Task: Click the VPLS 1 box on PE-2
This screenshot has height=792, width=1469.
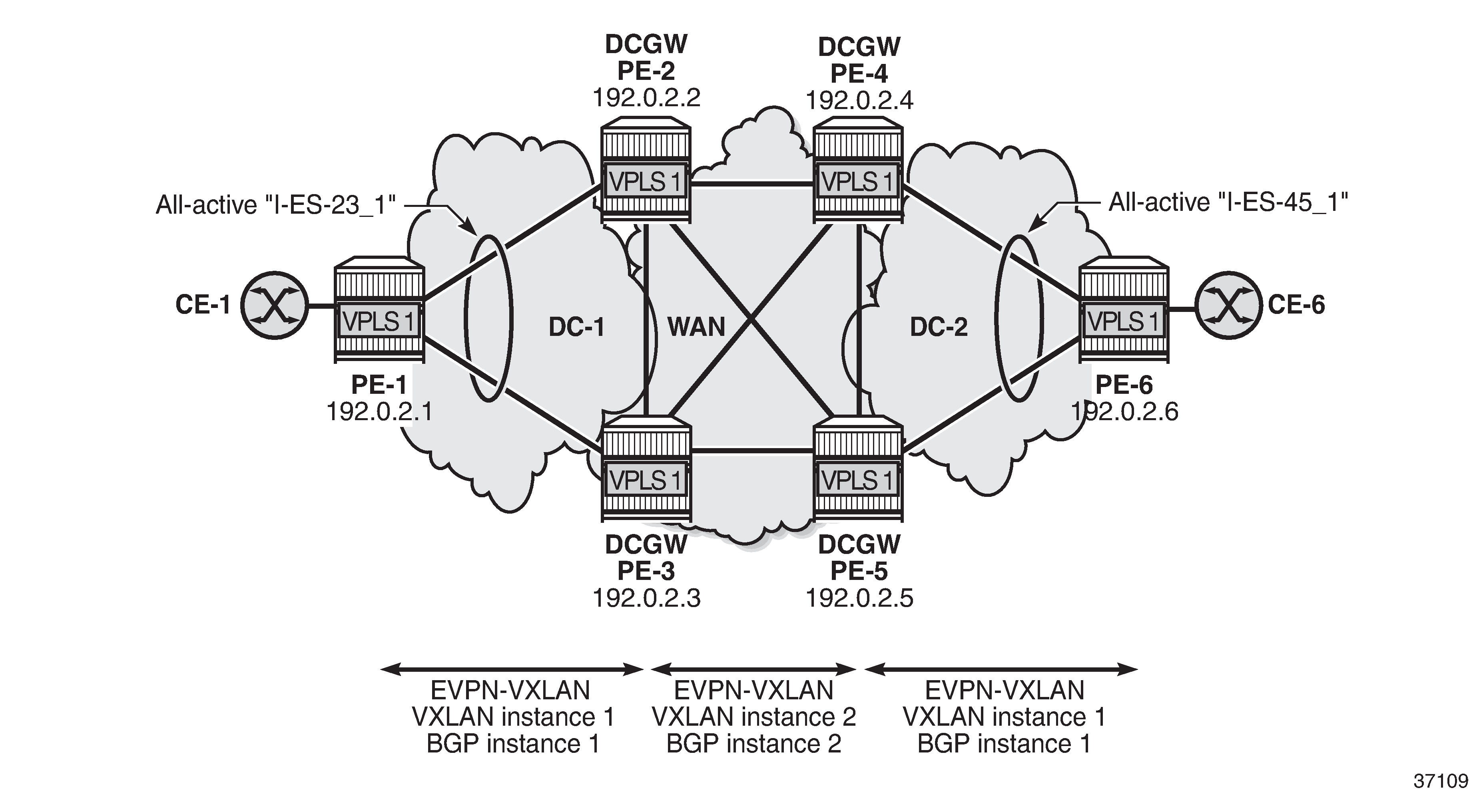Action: (x=646, y=182)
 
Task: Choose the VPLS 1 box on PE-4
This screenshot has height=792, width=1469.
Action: (x=858, y=182)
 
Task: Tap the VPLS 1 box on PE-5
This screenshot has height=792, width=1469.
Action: (x=858, y=480)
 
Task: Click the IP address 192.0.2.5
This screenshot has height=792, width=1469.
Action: (x=859, y=598)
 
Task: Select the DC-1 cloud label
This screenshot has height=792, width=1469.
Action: (x=576, y=327)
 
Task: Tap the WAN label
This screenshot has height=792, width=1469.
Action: (x=696, y=327)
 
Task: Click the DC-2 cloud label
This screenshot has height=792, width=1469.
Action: (x=939, y=327)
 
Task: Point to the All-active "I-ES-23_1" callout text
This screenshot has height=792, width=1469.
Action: (x=276, y=204)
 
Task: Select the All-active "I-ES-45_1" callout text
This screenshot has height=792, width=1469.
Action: (x=1228, y=202)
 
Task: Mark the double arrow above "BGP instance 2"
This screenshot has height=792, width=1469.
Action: (x=754, y=669)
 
